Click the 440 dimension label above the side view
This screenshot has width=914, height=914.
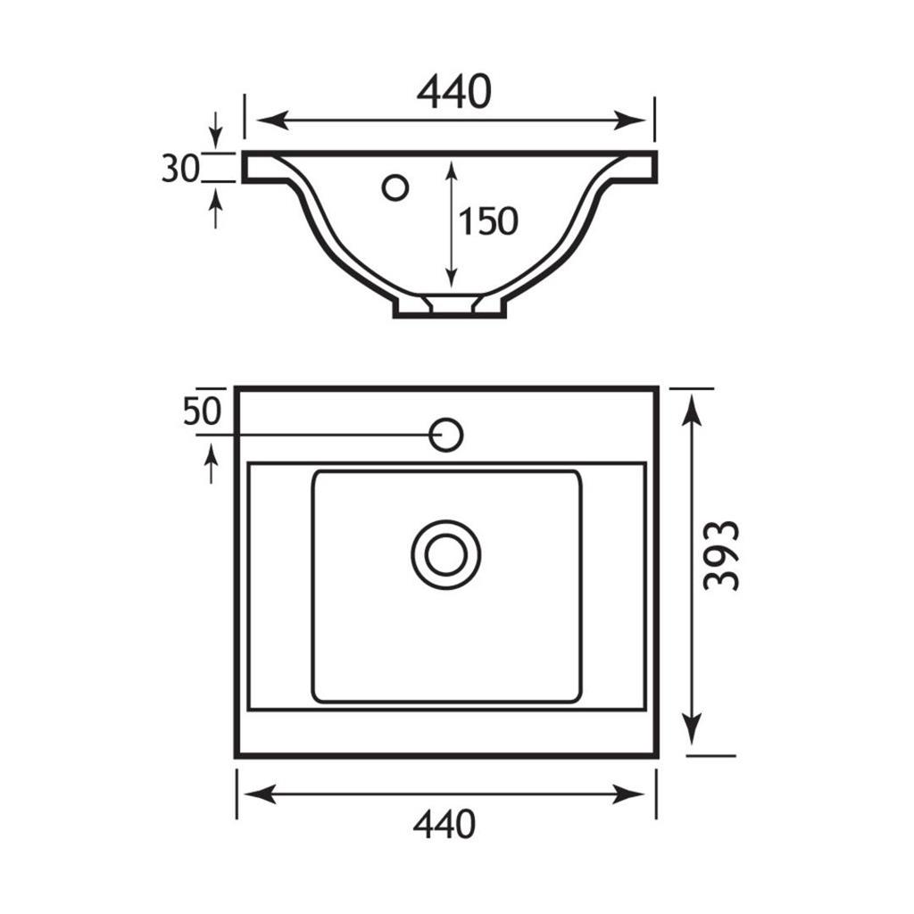coord(454,92)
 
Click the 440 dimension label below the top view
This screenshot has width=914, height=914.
coord(445,824)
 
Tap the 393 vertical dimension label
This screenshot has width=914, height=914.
coord(721,555)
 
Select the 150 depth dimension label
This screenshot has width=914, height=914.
coord(488,221)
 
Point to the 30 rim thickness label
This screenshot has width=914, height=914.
coord(180,169)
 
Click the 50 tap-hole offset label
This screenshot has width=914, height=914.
coord(203,411)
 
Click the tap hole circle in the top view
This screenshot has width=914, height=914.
coord(446,435)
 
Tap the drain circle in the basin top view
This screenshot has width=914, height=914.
coord(446,554)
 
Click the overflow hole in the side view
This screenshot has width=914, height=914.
coord(395,187)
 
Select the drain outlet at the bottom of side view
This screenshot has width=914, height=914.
coord(450,305)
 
